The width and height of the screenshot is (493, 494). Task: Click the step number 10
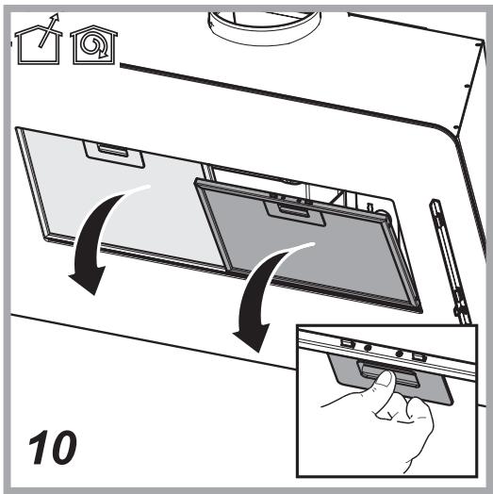pos(53,448)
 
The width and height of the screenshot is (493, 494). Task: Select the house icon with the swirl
pos(93,44)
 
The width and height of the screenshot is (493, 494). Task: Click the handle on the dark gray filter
pos(294,213)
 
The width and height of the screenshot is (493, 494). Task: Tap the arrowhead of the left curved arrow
pos(88,280)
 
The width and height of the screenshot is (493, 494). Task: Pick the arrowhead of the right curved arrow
pos(252,337)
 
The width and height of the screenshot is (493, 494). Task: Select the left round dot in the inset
pos(367,348)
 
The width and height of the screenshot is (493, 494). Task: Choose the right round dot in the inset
pos(400,354)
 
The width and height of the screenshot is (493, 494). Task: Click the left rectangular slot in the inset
pos(346,343)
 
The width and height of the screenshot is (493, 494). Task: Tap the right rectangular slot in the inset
pos(419,357)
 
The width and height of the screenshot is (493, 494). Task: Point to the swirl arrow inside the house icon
pos(94,46)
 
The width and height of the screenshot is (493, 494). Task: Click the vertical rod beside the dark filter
pos(452,262)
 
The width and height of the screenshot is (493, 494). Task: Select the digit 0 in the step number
pos(62,448)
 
